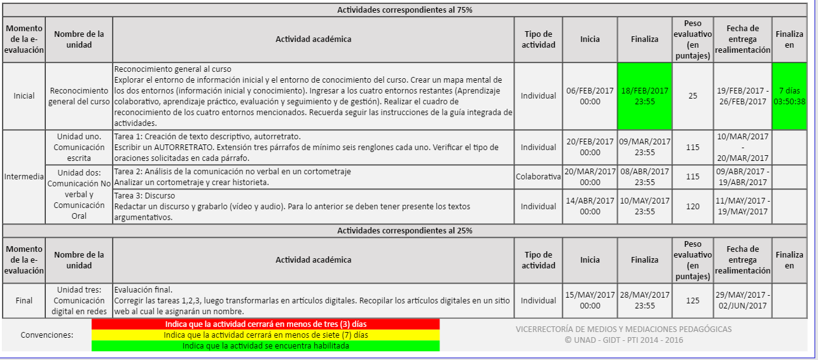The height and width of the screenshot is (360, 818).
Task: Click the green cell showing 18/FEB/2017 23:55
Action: (644, 95)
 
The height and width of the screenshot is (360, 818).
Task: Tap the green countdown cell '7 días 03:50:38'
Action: (789, 95)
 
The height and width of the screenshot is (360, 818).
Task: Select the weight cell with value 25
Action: (693, 96)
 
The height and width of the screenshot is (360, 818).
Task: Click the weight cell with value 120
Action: (693, 206)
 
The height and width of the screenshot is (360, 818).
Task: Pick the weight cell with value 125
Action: (693, 300)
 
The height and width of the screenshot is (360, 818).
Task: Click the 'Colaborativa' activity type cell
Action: (538, 177)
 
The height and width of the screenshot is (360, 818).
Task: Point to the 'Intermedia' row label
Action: (24, 177)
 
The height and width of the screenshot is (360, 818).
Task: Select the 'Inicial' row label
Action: (24, 96)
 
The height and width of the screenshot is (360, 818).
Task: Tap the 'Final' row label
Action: (24, 300)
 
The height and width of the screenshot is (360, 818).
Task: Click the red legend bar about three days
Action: (265, 324)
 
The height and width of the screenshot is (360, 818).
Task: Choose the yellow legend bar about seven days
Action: (265, 335)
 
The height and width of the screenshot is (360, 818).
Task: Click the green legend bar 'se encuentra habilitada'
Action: (265, 345)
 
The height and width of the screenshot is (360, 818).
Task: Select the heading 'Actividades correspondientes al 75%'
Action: (405, 10)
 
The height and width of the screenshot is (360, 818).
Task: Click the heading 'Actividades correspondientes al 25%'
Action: (405, 230)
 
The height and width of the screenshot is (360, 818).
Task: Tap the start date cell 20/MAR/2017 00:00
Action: (590, 177)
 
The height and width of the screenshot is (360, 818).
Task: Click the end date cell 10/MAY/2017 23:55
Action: (644, 206)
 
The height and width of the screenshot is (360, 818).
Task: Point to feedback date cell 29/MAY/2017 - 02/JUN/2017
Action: (742, 300)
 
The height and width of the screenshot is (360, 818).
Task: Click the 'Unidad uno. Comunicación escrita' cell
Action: (79, 147)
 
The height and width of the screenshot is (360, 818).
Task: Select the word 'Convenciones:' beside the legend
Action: (47, 335)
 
